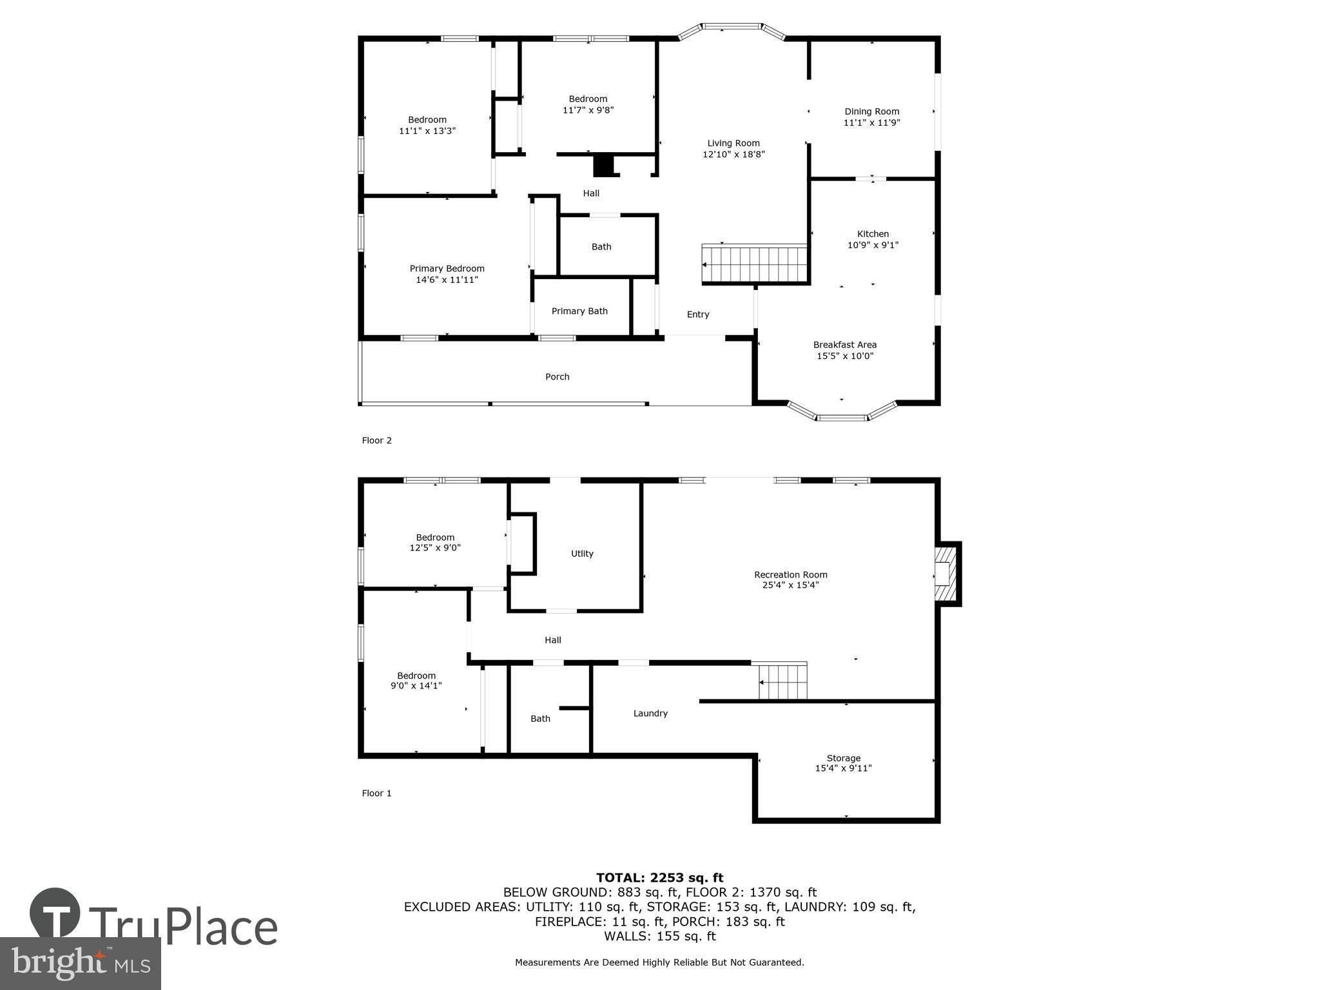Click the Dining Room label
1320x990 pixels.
click(x=871, y=112)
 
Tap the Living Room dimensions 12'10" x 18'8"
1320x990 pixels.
click(x=733, y=155)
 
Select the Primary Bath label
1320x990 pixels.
click(x=579, y=311)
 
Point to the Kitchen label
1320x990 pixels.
click(x=873, y=234)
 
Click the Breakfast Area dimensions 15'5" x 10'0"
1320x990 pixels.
click(x=844, y=356)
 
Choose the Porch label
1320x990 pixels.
click(x=557, y=377)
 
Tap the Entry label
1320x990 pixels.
click(x=697, y=315)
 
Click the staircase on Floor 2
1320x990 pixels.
click(x=755, y=264)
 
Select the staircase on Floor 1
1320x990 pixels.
click(x=782, y=682)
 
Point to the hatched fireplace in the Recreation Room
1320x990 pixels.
click(x=945, y=573)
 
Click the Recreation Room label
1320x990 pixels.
click(x=790, y=575)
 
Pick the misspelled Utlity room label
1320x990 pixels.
click(x=582, y=554)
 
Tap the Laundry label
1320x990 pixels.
click(x=650, y=713)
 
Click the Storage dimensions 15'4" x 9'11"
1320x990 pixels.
click(x=843, y=768)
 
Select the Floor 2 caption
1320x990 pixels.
click(x=376, y=441)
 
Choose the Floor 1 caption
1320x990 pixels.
click(x=376, y=793)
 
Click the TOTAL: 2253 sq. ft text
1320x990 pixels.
click(x=659, y=878)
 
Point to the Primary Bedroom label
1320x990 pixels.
click(x=447, y=269)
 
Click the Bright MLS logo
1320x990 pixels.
click(x=80, y=963)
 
